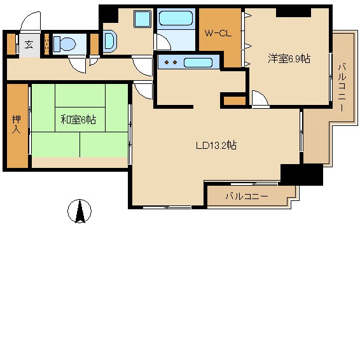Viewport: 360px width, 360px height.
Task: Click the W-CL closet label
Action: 218,34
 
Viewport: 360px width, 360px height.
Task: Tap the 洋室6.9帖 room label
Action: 289,59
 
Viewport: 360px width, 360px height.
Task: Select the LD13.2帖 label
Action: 216,145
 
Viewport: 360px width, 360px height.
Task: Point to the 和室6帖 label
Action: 78,120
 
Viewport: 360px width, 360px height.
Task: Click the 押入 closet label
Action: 17,125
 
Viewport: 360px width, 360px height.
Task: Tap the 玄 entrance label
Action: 29,45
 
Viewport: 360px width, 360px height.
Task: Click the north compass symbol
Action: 80,211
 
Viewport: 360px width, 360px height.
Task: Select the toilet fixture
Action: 64,45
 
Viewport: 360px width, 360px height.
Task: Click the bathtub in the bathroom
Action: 176,18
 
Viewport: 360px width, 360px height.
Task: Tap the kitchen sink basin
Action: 198,63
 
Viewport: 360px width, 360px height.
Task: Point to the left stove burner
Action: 167,62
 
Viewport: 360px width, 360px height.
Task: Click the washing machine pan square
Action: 142,19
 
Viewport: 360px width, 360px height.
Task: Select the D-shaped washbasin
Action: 110,41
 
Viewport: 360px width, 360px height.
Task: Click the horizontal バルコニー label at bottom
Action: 247,197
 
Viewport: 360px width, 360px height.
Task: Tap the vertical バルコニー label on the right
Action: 342,88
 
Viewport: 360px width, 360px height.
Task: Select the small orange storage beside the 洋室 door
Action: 235,101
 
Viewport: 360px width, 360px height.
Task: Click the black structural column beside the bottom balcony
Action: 301,174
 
